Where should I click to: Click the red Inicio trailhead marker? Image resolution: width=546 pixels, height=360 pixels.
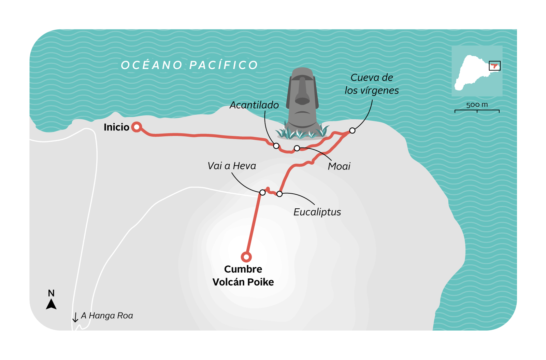coord(137,127)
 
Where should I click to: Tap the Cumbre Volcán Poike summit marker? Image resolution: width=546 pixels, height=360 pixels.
coord(246,257)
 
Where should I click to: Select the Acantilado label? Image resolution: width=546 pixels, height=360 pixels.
coord(254,105)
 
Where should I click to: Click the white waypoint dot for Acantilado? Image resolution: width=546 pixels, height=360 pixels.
coord(276,146)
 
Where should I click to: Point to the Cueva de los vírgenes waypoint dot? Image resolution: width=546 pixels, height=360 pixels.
coord(352,130)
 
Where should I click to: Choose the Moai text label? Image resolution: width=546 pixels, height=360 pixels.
coord(339,166)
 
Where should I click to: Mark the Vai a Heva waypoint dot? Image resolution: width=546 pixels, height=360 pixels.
coord(262,193)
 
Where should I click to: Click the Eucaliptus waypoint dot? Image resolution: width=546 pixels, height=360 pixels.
coord(279,194)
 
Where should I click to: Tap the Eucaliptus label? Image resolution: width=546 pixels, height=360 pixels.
coord(317,212)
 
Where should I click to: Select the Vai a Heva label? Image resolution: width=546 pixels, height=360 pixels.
coord(232,166)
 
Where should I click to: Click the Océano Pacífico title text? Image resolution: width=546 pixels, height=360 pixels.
coord(190,65)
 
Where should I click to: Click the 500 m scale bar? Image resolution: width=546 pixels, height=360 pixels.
coord(477,110)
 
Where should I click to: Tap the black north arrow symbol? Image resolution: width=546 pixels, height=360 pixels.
coord(51,304)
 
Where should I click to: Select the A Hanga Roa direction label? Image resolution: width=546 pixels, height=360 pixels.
coord(107,316)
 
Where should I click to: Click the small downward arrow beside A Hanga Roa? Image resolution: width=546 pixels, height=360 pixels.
coord(75,317)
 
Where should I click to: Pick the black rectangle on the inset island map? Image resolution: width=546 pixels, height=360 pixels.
coord(494,66)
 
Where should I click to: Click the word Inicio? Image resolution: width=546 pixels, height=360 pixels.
coord(116,127)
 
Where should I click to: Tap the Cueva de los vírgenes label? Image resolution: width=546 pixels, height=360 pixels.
coord(372,84)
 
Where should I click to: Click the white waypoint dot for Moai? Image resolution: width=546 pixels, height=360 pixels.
coord(297,148)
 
